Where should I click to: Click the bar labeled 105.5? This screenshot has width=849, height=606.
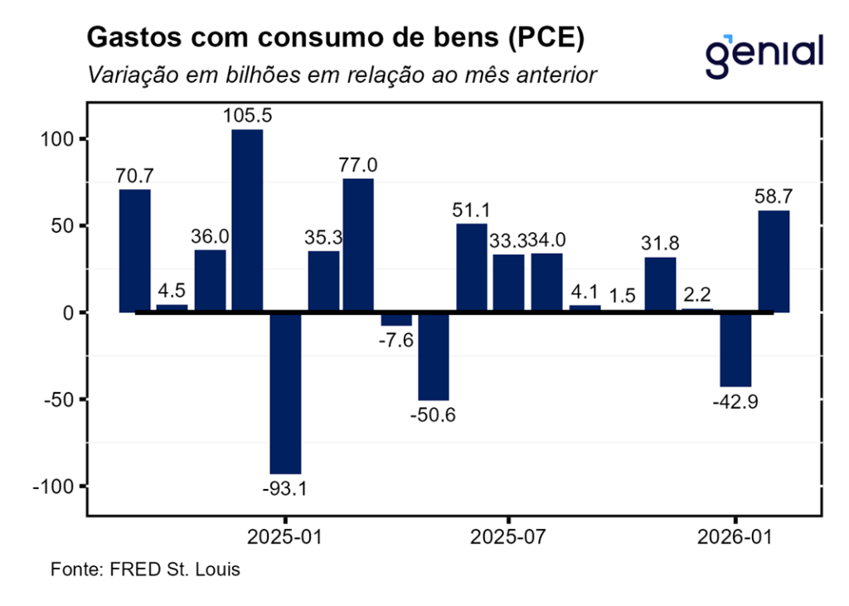[x=247, y=221]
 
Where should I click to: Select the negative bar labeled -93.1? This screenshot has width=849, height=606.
[x=285, y=393]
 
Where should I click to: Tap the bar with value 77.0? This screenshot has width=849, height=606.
[x=358, y=245]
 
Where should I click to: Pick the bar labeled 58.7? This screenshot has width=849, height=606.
[x=774, y=261]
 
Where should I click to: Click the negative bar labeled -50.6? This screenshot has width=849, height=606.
[x=434, y=356]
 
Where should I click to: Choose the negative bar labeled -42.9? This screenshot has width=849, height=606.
[x=736, y=350]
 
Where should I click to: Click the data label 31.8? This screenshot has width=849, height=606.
[x=660, y=244]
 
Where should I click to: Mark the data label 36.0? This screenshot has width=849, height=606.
[x=210, y=236]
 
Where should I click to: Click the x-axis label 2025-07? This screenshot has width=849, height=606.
[x=507, y=536]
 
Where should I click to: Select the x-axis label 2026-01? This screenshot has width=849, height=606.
[x=736, y=536]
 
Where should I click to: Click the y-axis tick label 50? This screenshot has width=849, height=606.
[x=64, y=225]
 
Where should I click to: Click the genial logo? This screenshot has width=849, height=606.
[x=764, y=53]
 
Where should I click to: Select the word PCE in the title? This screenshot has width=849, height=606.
[x=546, y=38]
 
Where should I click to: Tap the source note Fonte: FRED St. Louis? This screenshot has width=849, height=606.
[x=145, y=570]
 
